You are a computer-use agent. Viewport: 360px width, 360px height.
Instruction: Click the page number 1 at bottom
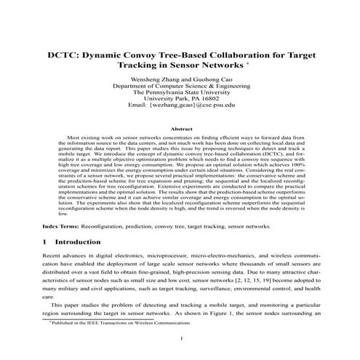point(180,339)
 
